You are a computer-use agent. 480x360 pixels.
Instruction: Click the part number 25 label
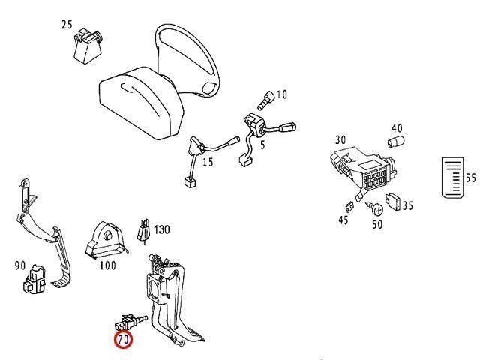pyautogui.click(x=67, y=25)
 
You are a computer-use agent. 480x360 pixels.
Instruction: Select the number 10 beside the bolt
pyautogui.click(x=282, y=94)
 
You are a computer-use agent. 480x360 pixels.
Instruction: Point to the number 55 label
pyautogui.click(x=471, y=178)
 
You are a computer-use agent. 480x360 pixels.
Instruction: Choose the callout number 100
pyautogui.click(x=107, y=265)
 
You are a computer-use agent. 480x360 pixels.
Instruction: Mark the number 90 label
pyautogui.click(x=20, y=265)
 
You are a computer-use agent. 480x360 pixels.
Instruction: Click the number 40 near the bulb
pyautogui.click(x=397, y=128)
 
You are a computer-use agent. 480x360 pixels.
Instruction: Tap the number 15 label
pyautogui.click(x=208, y=162)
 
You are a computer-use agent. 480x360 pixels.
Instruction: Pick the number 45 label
pyautogui.click(x=343, y=220)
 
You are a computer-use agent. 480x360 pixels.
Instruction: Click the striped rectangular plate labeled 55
pyautogui.click(x=450, y=178)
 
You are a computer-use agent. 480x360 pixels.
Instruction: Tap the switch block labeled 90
pyautogui.click(x=33, y=285)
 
